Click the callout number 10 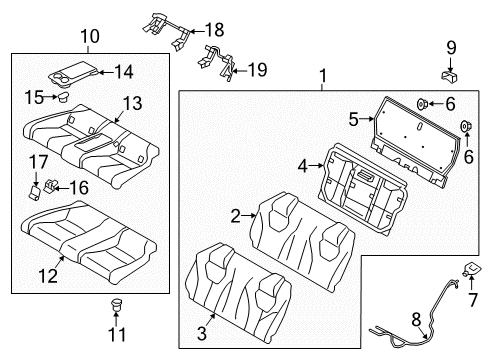[x=90, y=37]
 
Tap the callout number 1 [x=322, y=76]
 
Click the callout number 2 [x=236, y=214]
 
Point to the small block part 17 [x=32, y=191]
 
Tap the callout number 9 [x=451, y=46]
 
